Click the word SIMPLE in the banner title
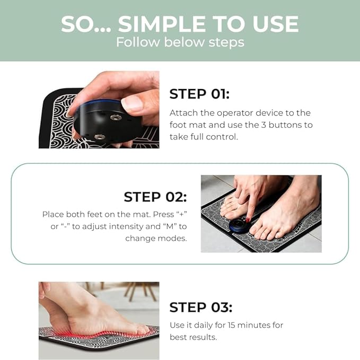(x=162, y=24)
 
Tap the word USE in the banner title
(x=276, y=24)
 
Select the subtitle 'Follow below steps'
(x=180, y=42)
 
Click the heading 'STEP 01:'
(x=199, y=94)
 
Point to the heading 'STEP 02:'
(x=155, y=197)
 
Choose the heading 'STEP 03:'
(x=201, y=307)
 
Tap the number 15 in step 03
(x=231, y=325)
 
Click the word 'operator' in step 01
(x=235, y=113)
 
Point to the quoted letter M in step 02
(x=170, y=226)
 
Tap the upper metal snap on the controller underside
(x=115, y=118)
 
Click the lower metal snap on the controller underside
(x=100, y=137)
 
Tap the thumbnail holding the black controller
(x=131, y=103)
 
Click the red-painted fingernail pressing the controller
(x=248, y=221)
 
